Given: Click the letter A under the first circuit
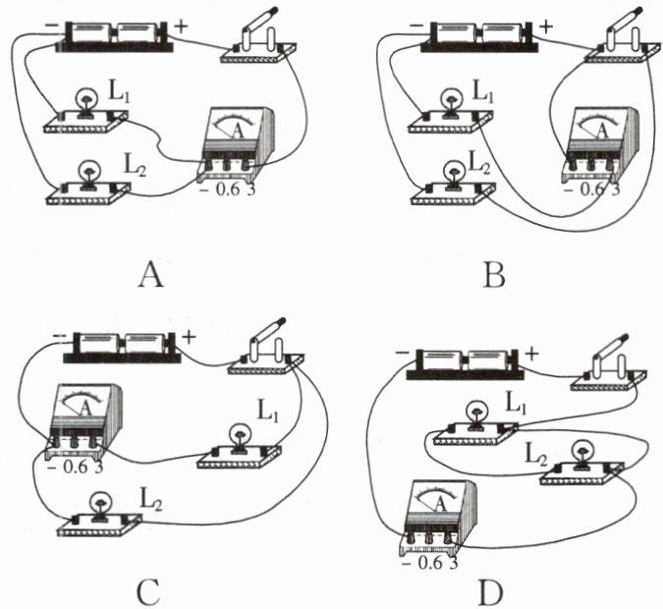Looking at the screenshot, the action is coord(150,275).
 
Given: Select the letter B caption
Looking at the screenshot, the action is coord(494,275).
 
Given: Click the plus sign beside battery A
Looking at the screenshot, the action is coord(182,26).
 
